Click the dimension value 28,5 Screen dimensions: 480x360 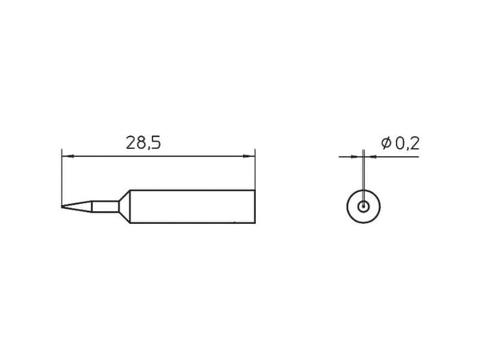point(143,143)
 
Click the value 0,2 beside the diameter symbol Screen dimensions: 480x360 point(407,143)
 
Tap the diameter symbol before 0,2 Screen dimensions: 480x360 point(386,143)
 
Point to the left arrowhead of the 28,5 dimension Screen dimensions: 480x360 point(68,156)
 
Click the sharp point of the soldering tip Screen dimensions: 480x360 point(62,206)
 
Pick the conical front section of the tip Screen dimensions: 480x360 point(77,206)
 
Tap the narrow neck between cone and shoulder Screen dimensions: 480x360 point(105,206)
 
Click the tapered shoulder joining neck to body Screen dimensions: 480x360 point(124,206)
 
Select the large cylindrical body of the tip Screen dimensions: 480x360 point(193,206)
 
